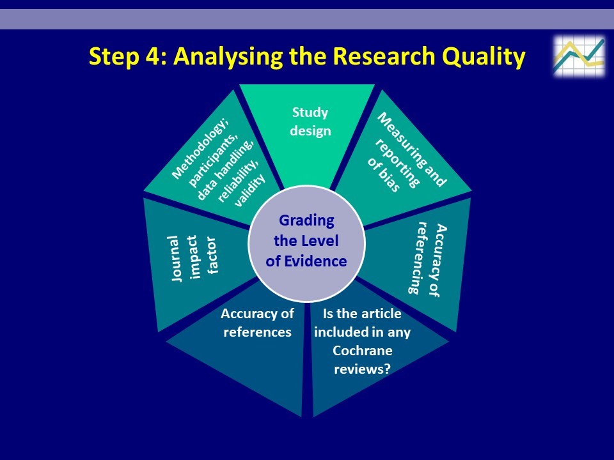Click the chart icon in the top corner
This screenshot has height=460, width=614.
tap(579, 56)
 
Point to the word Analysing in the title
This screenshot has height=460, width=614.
tap(228, 57)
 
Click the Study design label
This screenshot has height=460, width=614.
tap(311, 121)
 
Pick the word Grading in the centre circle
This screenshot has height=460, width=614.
tap(306, 221)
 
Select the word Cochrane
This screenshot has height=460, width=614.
tap(362, 350)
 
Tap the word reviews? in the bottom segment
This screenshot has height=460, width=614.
tap(362, 369)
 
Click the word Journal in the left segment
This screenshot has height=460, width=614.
tap(176, 258)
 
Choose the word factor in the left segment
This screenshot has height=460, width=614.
tap(212, 256)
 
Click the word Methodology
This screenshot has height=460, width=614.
tap(200, 148)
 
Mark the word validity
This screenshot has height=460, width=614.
tap(250, 190)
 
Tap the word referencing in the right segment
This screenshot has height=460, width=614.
tap(416, 257)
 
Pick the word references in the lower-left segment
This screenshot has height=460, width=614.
tap(257, 332)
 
